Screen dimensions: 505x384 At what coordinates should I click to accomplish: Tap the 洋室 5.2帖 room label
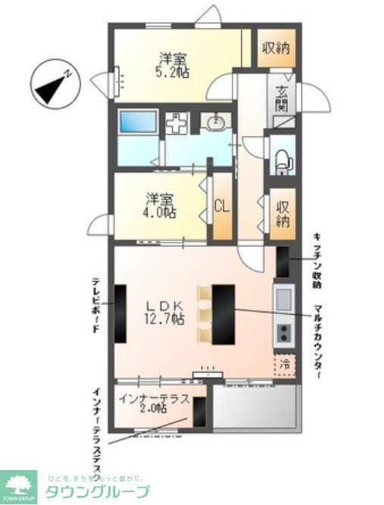click(173, 64)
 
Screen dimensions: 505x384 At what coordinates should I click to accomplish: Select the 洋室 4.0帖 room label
click(161, 206)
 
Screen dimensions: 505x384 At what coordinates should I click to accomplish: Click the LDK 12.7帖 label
click(164, 312)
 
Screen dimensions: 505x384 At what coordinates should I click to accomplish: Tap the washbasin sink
click(218, 123)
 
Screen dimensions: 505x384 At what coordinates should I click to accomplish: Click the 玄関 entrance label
click(282, 99)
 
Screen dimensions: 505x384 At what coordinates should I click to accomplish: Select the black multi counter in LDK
click(223, 313)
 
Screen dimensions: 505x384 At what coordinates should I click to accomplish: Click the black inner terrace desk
click(199, 415)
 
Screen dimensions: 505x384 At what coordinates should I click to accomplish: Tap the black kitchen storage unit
click(282, 262)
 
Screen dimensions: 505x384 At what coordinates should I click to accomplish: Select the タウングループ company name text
click(98, 491)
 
